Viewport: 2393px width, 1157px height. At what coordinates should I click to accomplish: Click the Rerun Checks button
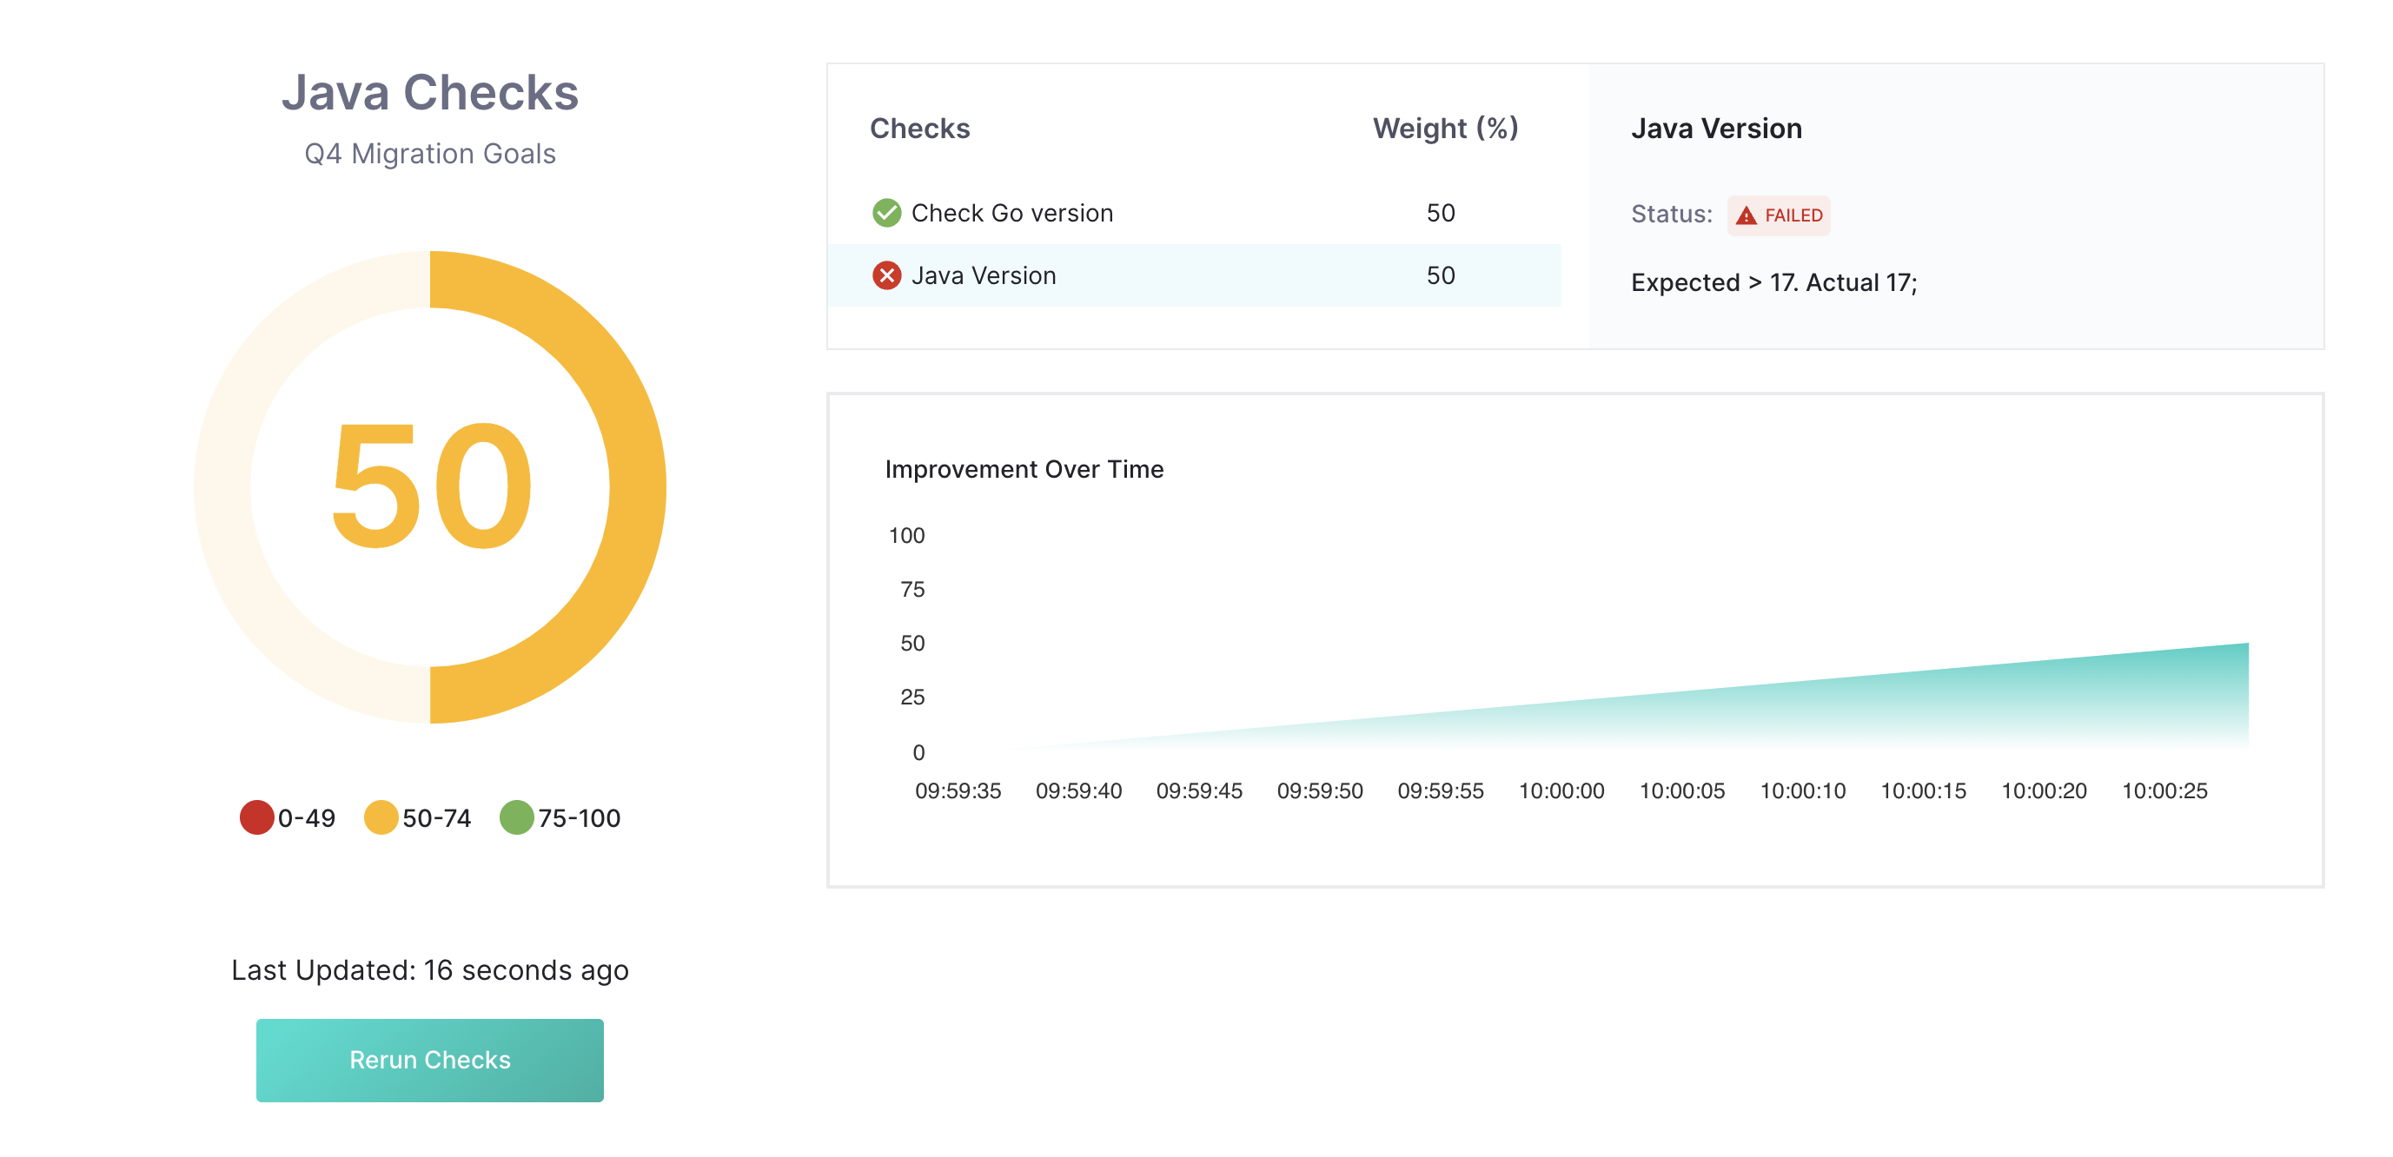(x=429, y=1060)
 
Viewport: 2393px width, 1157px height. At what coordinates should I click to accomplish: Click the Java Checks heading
(x=429, y=93)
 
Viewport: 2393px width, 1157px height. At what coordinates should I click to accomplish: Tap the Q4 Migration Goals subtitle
(x=429, y=153)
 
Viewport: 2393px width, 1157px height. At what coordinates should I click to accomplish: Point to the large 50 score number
(x=431, y=486)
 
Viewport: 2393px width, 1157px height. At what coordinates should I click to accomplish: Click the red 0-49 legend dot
(x=256, y=817)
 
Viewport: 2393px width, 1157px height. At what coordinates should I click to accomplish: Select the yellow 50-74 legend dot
(x=381, y=817)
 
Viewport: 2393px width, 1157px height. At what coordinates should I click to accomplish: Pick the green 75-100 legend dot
(x=516, y=817)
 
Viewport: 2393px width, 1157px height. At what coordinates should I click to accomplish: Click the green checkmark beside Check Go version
(x=886, y=213)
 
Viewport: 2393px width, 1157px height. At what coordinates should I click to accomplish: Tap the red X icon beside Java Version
(x=886, y=274)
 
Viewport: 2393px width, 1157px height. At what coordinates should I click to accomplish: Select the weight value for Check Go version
(x=1440, y=213)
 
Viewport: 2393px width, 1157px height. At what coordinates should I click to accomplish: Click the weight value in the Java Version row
(x=1440, y=274)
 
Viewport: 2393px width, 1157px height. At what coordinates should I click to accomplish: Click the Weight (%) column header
(x=1444, y=129)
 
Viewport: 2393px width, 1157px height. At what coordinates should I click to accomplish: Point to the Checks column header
(x=918, y=129)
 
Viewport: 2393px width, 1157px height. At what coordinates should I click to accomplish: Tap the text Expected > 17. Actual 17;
(x=1773, y=282)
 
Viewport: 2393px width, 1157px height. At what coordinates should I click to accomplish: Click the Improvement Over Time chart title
(x=1024, y=469)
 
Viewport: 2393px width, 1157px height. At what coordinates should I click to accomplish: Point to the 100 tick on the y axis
(x=905, y=535)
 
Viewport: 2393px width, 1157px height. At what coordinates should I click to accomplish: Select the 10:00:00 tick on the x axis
(x=1561, y=790)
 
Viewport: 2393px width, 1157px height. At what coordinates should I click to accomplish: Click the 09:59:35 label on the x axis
(x=958, y=790)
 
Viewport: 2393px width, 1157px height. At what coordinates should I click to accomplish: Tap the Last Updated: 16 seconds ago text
(x=429, y=969)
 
